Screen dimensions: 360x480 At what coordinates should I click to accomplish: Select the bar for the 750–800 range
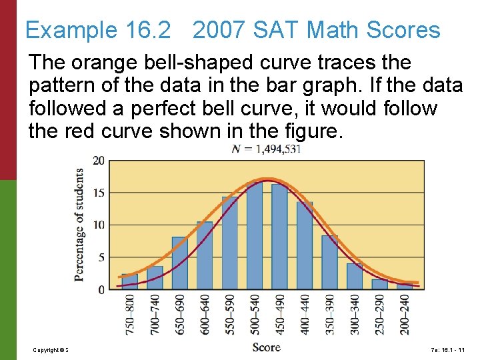coord(129,281)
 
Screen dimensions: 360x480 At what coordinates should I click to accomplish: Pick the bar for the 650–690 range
coord(179,263)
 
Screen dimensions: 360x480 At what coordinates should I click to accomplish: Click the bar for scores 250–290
coord(379,284)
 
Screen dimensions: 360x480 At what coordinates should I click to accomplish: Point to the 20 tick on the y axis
coord(98,161)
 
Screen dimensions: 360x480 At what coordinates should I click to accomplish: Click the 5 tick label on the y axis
coord(101,257)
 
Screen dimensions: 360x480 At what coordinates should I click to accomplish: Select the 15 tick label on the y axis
coord(98,193)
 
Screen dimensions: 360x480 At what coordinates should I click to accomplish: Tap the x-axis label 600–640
coord(205,314)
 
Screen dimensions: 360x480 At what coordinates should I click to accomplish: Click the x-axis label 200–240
coord(405,314)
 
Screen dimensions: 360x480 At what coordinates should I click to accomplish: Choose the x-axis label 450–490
coord(280,314)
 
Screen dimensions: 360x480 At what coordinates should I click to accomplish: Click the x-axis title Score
coord(267,347)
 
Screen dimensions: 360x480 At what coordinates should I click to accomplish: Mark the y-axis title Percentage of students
coord(79,224)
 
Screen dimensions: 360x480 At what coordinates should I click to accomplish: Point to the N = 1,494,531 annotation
coord(267,149)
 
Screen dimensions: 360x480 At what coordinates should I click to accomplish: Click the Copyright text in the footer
coord(51,350)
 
